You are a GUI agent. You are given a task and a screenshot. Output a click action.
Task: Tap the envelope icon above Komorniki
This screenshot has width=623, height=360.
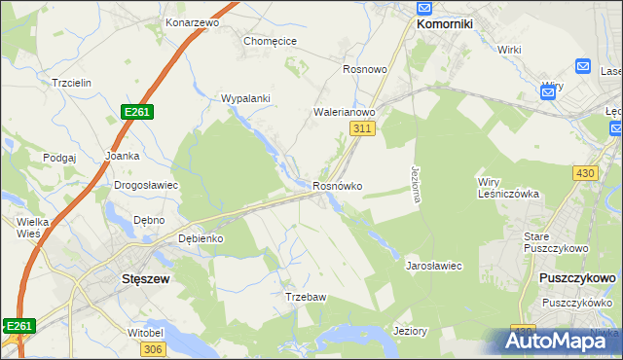425,5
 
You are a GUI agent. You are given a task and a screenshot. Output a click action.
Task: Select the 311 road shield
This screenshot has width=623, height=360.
363,128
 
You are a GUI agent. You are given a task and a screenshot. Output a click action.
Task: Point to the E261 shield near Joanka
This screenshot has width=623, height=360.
137,113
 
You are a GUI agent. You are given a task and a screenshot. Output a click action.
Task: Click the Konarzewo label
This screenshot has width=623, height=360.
193,21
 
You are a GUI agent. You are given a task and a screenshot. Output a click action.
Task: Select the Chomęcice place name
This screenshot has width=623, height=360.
270,41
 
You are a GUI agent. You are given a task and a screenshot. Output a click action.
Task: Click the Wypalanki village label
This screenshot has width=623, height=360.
245,98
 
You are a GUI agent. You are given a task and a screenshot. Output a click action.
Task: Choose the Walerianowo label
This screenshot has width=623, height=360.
345,112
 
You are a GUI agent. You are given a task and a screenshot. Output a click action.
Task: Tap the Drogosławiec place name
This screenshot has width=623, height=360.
146,184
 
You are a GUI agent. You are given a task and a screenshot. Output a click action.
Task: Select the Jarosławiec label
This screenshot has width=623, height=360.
433,265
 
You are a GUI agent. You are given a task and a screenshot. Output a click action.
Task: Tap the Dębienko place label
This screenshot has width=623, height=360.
202,238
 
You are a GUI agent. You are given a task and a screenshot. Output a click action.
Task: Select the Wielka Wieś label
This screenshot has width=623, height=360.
33,228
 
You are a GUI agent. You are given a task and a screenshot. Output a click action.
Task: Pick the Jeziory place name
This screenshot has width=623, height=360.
410,331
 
